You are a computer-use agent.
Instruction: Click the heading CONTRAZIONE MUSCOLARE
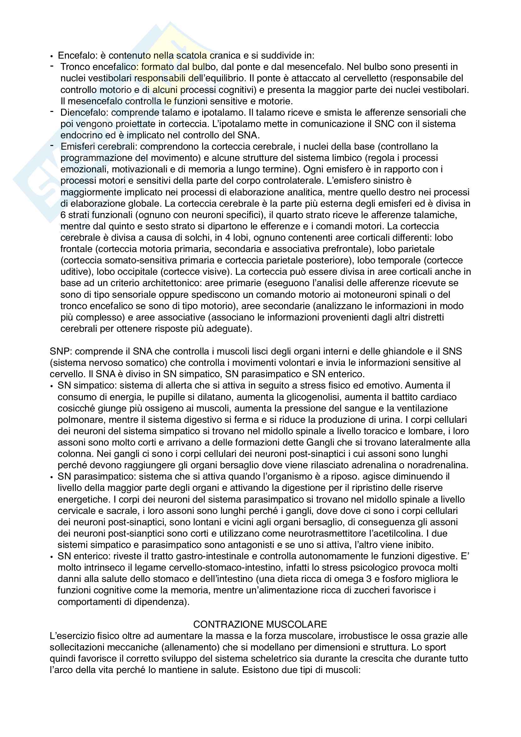260,624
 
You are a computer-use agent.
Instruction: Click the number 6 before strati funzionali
63,215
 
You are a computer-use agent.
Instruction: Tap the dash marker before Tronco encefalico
52,66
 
